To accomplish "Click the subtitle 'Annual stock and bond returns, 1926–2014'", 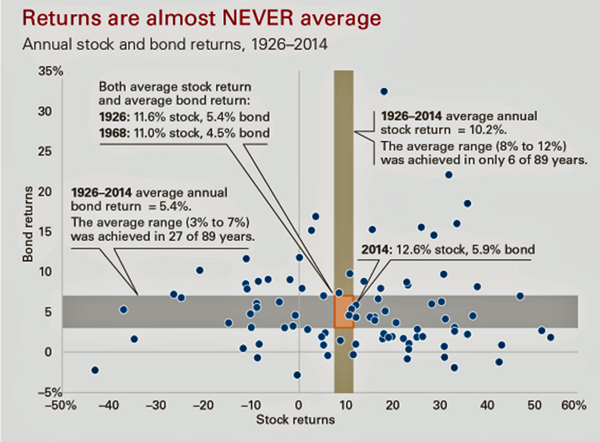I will tap(175, 44).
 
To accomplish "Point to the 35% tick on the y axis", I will tap(53, 71).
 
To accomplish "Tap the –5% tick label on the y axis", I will tap(53, 392).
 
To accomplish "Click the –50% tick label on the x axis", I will tap(61, 406).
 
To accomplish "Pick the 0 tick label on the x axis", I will tap(299, 406).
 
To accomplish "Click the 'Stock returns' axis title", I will tap(296, 420).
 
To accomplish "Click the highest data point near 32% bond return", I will tap(384, 91).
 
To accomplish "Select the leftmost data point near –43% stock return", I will tap(95, 371).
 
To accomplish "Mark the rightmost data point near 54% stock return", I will tap(551, 338).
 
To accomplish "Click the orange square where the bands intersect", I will tap(343, 312).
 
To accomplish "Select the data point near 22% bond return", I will tap(449, 175).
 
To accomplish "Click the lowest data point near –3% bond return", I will tap(297, 375).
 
